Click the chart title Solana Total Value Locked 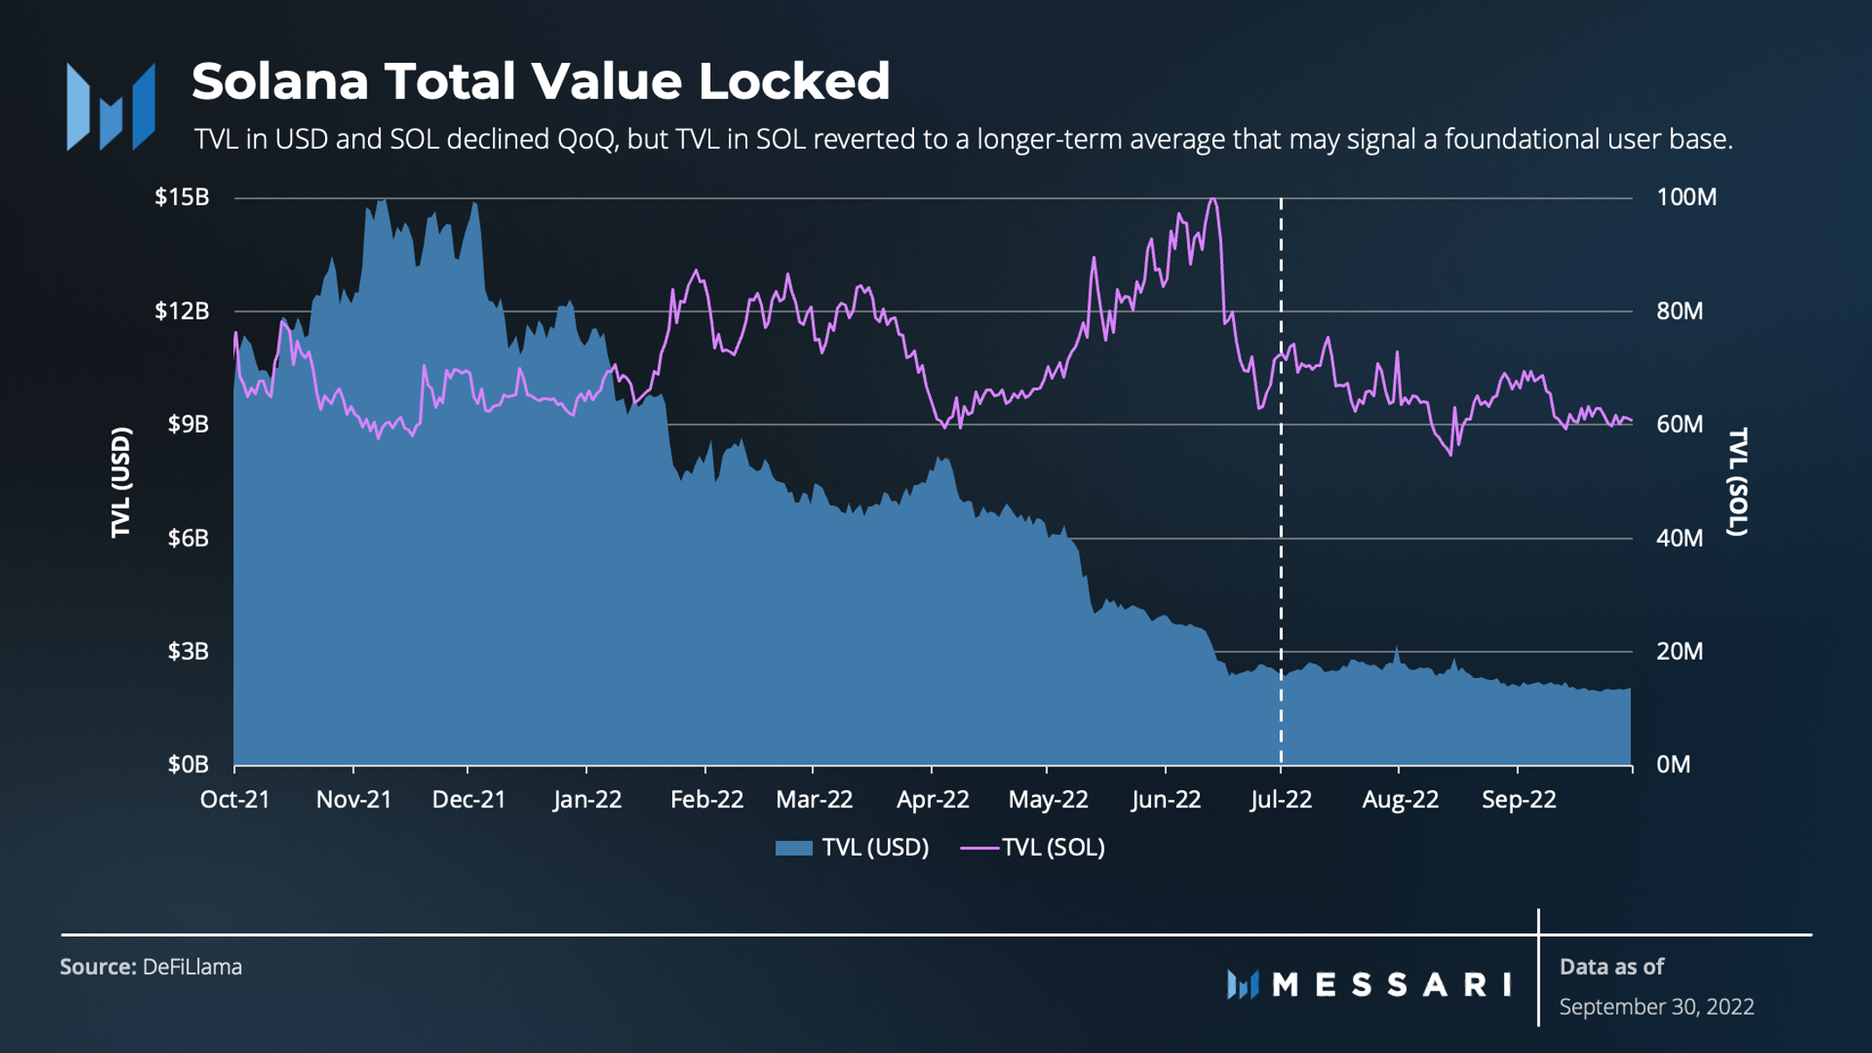[540, 81]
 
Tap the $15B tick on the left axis [182, 197]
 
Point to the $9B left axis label [188, 425]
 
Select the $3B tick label [188, 652]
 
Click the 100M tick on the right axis [1686, 197]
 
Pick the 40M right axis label [1679, 538]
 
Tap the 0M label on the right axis [1673, 765]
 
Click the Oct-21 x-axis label [235, 800]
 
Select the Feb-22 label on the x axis [706, 800]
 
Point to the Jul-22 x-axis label [1280, 800]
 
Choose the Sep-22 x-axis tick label [1518, 800]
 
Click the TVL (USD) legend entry [852, 848]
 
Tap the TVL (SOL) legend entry [1033, 848]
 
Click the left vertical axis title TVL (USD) [121, 482]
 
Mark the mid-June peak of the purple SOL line [1212, 200]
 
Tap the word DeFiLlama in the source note [192, 967]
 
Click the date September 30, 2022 [1656, 1007]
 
